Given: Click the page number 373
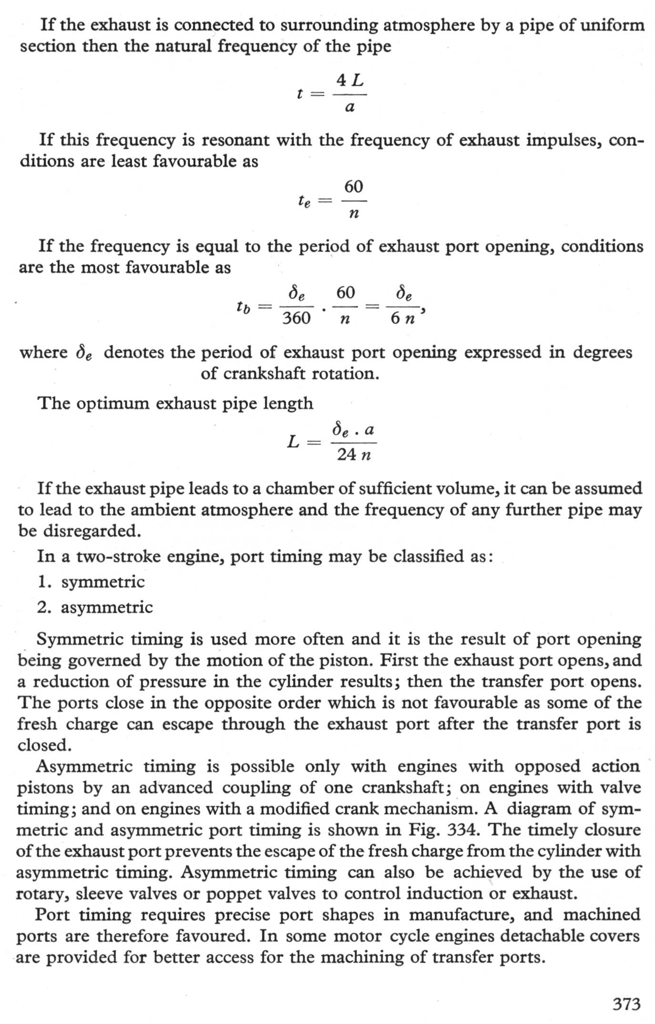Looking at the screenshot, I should (x=626, y=1004).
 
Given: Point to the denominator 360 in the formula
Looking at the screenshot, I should (x=296, y=318).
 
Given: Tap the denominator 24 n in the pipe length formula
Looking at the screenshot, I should (x=353, y=455).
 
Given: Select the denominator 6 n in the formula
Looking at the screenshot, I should (x=403, y=318).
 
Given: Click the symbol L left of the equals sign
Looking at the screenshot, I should (x=293, y=442).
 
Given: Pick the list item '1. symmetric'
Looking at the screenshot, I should (x=91, y=582).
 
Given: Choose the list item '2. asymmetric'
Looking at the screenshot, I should (x=95, y=607).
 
